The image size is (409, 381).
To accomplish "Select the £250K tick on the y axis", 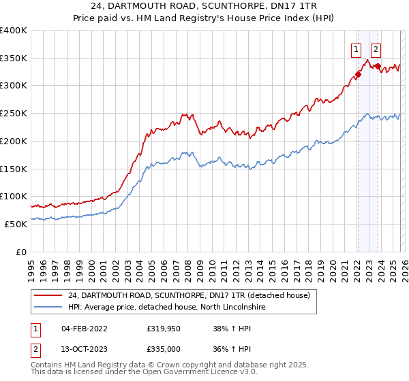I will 14,114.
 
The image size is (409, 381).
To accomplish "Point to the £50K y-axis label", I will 16,224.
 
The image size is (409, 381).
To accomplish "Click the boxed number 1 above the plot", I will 356,49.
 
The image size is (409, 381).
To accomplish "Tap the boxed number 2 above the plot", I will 376,49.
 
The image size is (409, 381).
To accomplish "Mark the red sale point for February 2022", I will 357,75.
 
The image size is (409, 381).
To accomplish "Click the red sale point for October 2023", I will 378,66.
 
